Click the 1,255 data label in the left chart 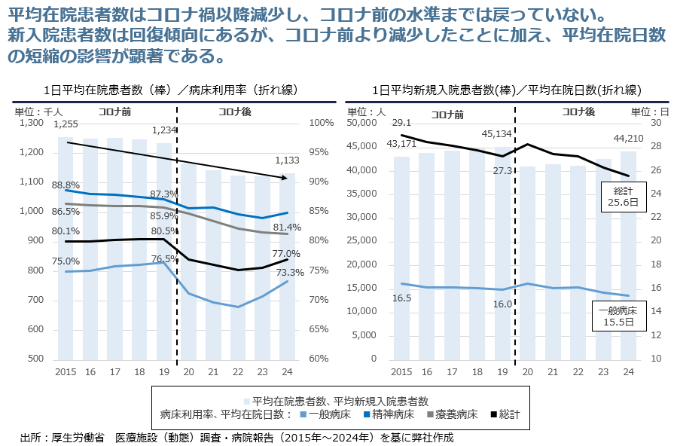pyautogui.click(x=66, y=124)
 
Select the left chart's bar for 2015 pyautogui.click(x=66, y=249)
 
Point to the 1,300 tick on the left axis pyautogui.click(x=33, y=123)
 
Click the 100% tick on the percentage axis pyautogui.click(x=322, y=123)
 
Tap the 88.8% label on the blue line pyautogui.click(x=66, y=185)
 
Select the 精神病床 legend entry pyautogui.click(x=392, y=414)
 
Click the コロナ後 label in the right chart pyautogui.click(x=578, y=111)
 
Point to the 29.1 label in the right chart pyautogui.click(x=402, y=123)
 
